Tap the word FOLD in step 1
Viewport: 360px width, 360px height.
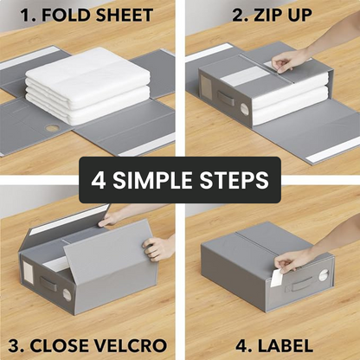pyautogui.click(x=61, y=15)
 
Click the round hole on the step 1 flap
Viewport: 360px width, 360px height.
pyautogui.click(x=53, y=128)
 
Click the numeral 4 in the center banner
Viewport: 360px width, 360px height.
pyautogui.click(x=100, y=180)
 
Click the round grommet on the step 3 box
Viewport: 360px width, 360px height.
pyautogui.click(x=67, y=294)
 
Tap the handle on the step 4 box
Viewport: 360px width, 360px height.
pyautogui.click(x=302, y=283)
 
